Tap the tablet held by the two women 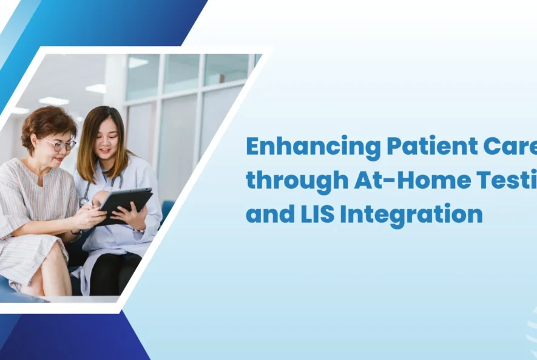(126, 203)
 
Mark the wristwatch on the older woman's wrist (76, 233)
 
